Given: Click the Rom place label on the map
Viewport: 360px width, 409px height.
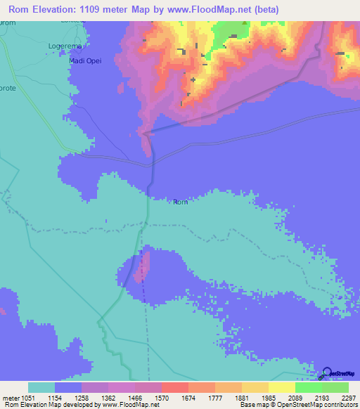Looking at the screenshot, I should [181, 202].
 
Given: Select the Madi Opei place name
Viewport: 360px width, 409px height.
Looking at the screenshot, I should [86, 60].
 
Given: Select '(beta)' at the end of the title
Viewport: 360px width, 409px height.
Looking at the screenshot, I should [266, 10].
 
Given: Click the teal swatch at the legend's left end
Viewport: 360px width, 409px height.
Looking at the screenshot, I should [41, 388].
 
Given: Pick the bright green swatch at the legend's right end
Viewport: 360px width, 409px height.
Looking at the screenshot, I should [335, 388].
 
